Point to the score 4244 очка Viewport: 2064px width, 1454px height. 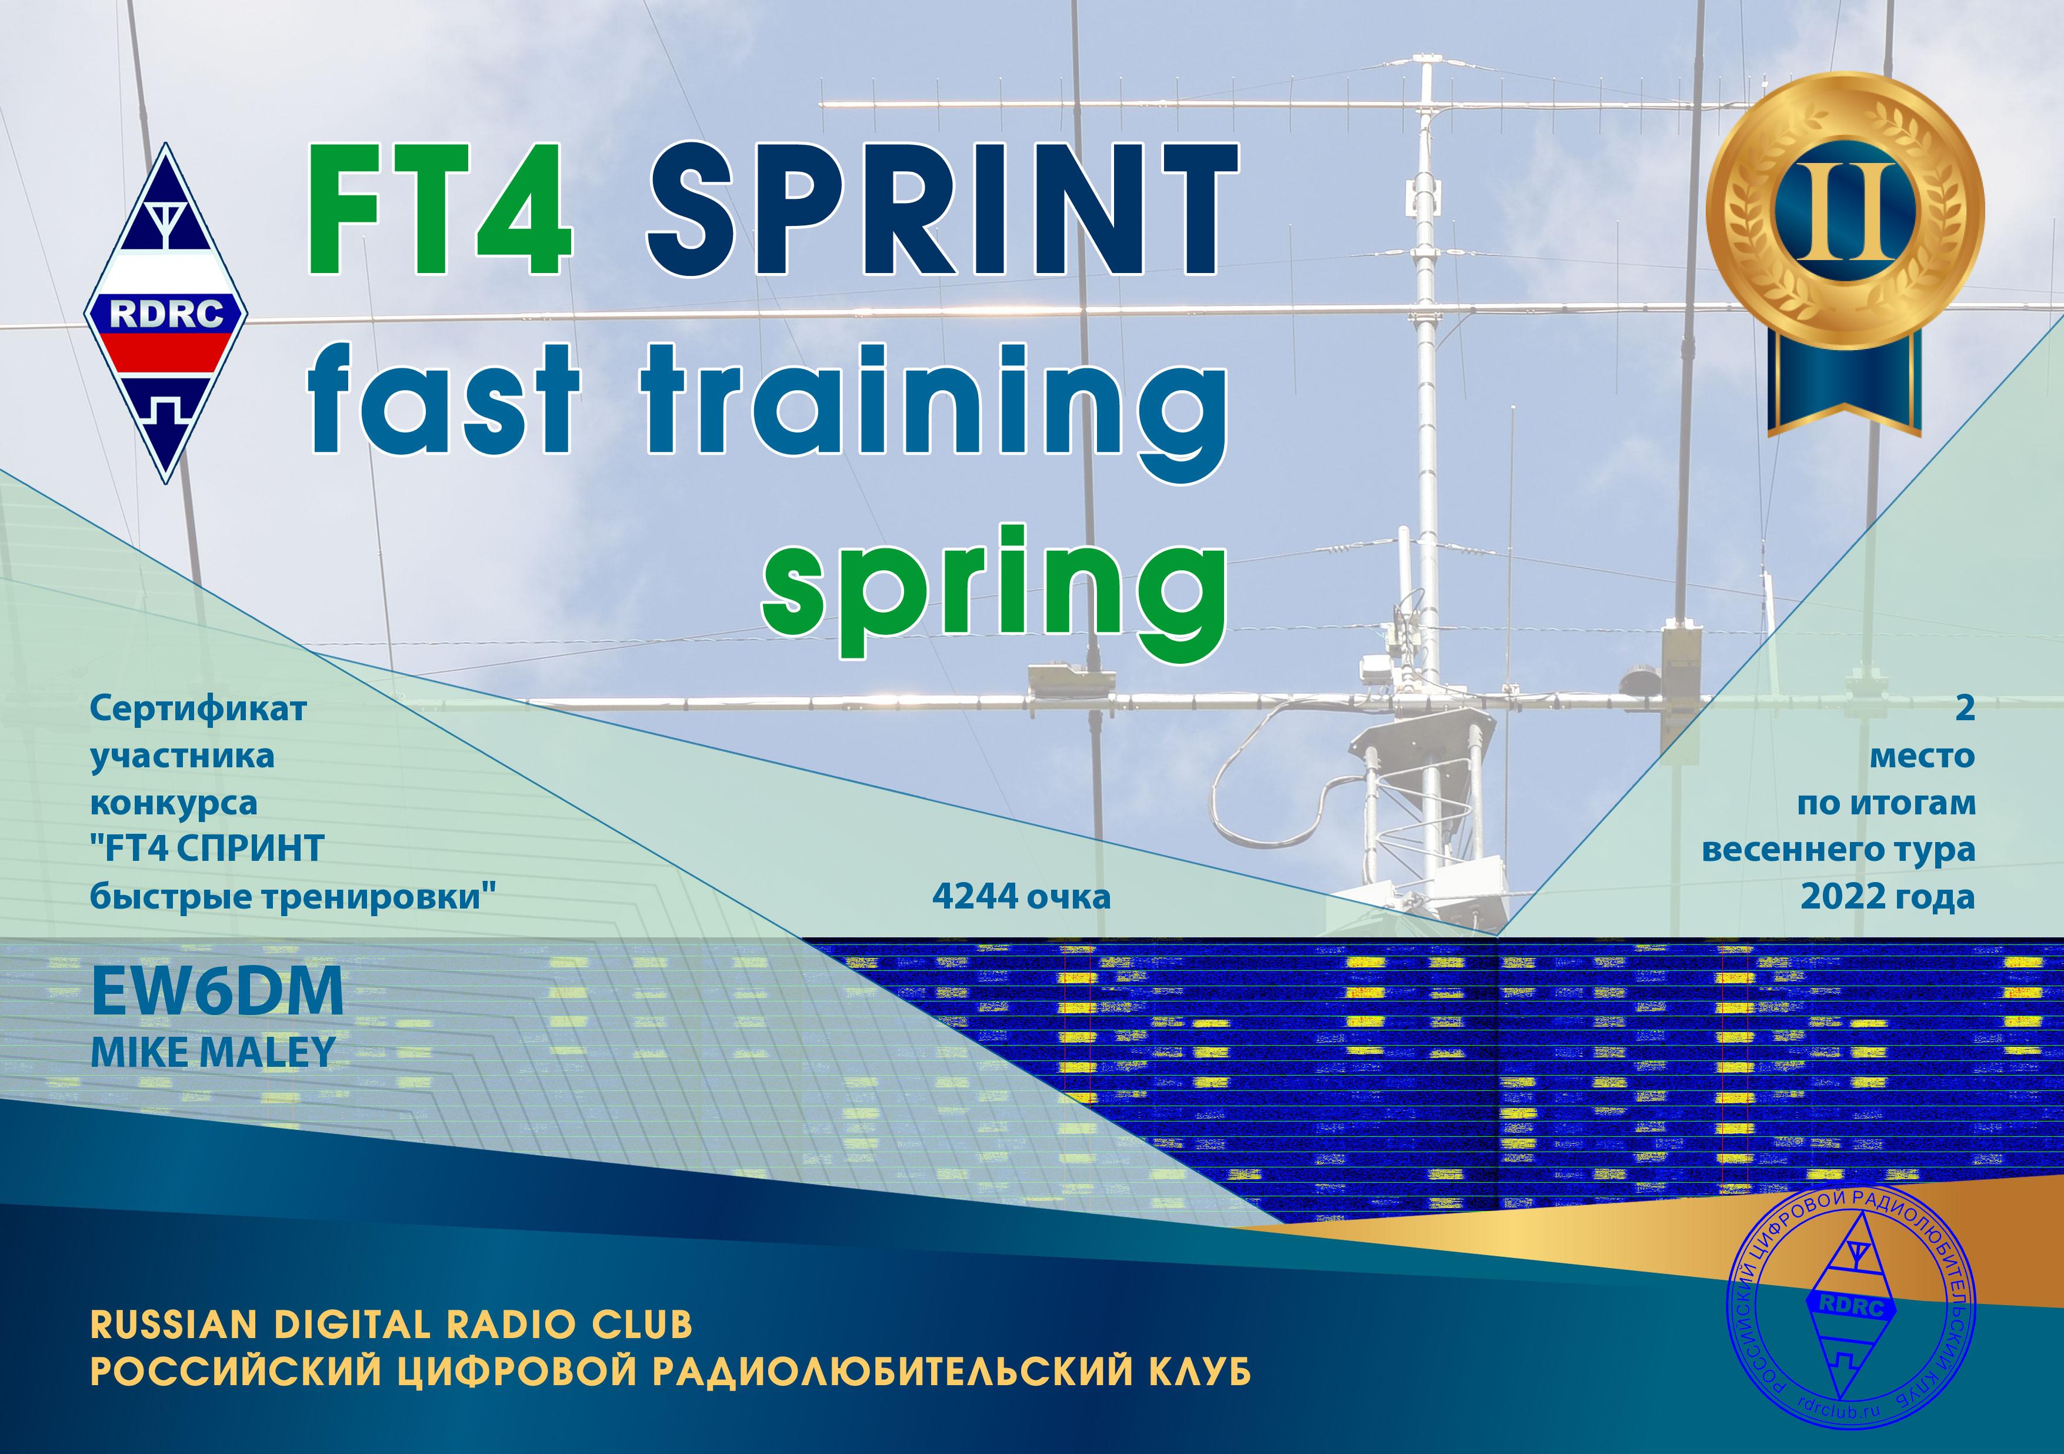click(x=1021, y=896)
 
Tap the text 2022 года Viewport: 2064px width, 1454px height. click(x=1887, y=897)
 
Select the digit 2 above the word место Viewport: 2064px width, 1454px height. click(x=1965, y=708)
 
